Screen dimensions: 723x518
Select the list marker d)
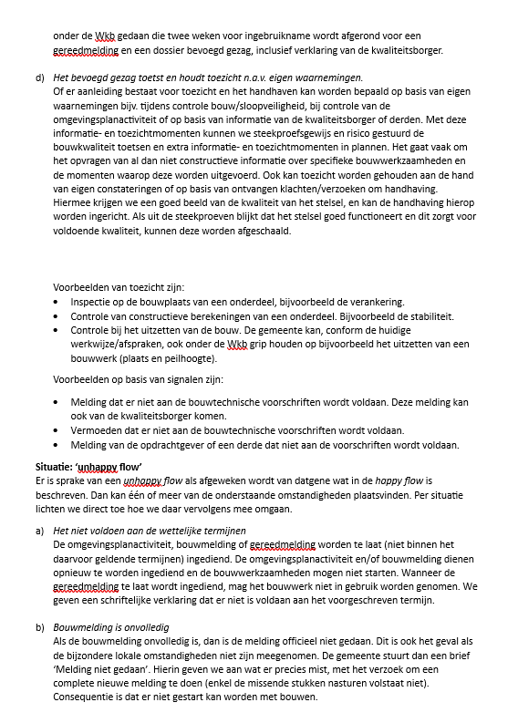tap(40, 77)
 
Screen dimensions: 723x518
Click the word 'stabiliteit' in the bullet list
tap(424, 316)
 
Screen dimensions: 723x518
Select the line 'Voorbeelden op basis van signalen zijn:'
tap(138, 378)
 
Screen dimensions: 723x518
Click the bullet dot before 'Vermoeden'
tap(58, 430)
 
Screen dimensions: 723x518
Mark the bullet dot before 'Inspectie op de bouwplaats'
tap(58, 302)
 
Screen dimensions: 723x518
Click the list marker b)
tap(40, 628)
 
